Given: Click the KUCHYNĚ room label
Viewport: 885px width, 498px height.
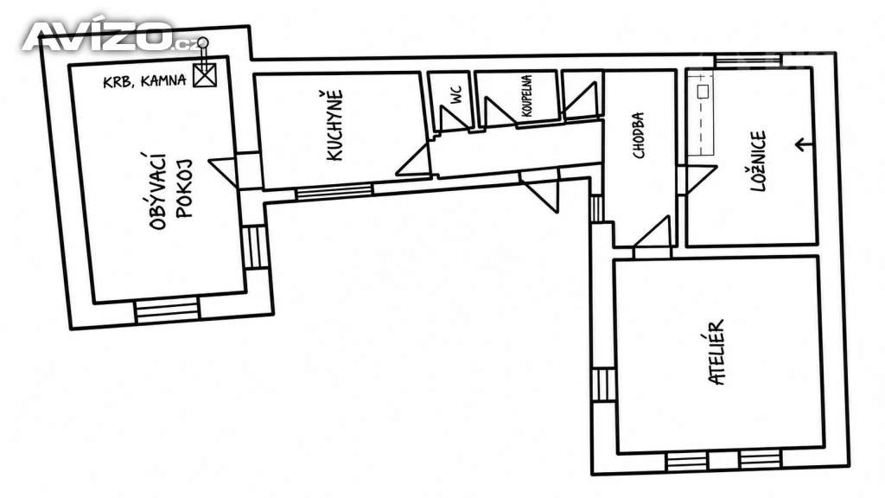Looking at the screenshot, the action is click(x=334, y=125).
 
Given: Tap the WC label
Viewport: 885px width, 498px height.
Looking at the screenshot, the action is click(x=456, y=94).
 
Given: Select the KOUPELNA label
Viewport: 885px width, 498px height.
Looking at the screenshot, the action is click(x=526, y=96).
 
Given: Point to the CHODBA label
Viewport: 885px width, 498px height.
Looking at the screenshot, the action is click(x=639, y=136).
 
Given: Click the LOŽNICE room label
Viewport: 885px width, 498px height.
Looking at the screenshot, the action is click(x=758, y=162).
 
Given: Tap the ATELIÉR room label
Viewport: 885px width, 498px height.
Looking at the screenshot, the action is click(x=716, y=353).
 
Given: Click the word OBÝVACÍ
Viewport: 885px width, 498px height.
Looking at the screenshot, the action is click(x=159, y=191).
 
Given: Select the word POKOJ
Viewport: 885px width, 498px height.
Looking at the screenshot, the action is click(x=184, y=188).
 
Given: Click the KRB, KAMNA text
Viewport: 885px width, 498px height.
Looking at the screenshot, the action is click(x=144, y=81).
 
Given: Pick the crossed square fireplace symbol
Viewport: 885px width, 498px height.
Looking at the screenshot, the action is click(x=204, y=75).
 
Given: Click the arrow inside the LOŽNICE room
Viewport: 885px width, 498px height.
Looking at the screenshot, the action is click(x=804, y=145).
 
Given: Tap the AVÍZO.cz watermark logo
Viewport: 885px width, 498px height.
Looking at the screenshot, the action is click(x=110, y=35).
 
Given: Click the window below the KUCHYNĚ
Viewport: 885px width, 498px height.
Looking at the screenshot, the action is click(x=334, y=191).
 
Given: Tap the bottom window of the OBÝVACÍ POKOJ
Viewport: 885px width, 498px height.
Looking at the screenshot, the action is click(x=168, y=311).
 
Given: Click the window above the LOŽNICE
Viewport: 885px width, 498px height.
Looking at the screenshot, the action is click(x=748, y=61).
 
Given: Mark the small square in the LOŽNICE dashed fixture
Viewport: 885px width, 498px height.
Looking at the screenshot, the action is click(x=703, y=92).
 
